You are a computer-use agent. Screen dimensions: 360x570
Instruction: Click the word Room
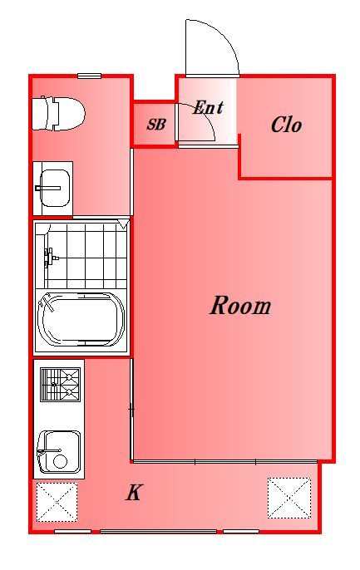240,306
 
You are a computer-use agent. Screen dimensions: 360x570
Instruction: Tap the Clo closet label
286,125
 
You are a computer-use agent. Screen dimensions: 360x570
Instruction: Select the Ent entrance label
208,107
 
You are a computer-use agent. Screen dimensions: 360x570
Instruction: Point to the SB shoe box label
156,125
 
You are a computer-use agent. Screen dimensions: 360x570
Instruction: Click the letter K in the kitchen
134,494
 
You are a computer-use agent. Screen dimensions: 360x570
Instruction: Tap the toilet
58,113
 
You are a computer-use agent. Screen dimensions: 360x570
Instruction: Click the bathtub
81,320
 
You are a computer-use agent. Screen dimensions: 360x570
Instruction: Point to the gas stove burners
61,385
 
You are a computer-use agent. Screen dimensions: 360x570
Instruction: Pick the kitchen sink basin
59,452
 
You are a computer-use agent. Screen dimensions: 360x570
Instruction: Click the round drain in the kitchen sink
60,461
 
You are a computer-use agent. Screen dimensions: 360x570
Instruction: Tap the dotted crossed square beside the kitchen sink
57,502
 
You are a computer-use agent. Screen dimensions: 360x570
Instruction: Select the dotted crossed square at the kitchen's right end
289,498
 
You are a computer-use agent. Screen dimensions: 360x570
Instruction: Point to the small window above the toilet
90,76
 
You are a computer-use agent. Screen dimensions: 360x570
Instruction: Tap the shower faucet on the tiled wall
50,258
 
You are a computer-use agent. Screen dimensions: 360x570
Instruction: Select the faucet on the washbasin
47,188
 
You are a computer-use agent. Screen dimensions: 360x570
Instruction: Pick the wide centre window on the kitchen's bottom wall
158,532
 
